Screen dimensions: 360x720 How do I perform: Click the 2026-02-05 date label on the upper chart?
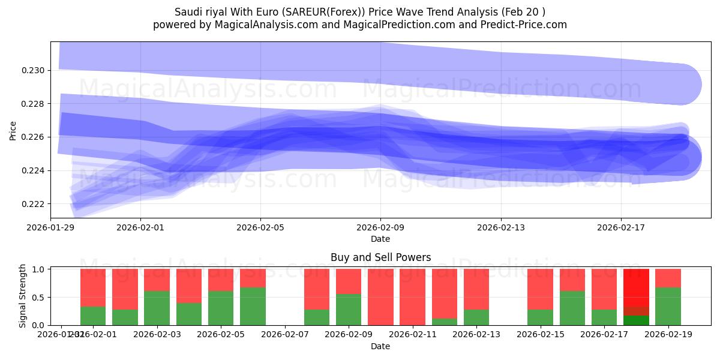(x=260, y=227)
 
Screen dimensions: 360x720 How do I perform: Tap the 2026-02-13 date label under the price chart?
(x=501, y=227)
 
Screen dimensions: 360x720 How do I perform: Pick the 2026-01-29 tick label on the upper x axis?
(x=50, y=227)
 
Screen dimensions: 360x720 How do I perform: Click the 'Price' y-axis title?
(x=13, y=130)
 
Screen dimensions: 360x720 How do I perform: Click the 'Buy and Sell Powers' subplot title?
(x=380, y=257)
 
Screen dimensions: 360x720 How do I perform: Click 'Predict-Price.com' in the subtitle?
(x=526, y=25)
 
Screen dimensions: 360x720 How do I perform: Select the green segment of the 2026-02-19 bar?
(x=668, y=307)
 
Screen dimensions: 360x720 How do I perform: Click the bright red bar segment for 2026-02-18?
(x=636, y=288)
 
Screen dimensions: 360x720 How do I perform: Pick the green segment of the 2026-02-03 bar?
(x=157, y=308)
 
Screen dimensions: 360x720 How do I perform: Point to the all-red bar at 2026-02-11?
(x=412, y=297)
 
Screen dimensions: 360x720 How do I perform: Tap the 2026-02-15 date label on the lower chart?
(x=541, y=335)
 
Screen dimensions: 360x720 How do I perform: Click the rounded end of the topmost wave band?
(x=681, y=85)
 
